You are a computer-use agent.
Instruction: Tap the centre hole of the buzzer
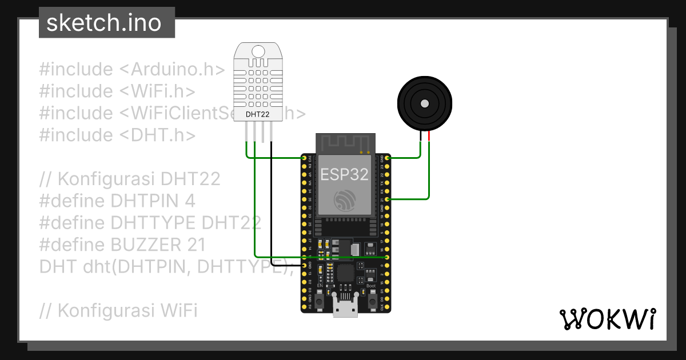pyautogui.click(x=424, y=103)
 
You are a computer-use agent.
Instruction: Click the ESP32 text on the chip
pyautogui.click(x=344, y=174)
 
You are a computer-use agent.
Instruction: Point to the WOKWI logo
pyautogui.click(x=607, y=319)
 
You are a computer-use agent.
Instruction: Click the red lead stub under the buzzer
pyautogui.click(x=428, y=137)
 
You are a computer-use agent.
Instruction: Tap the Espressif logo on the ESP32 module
pyautogui.click(x=345, y=199)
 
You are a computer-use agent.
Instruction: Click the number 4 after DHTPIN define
pyautogui.click(x=190, y=201)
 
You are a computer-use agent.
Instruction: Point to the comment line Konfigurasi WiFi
pyautogui.click(x=119, y=311)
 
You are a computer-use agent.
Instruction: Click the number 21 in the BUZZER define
pyautogui.click(x=196, y=245)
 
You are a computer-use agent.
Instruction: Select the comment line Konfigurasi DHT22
pyautogui.click(x=130, y=179)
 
